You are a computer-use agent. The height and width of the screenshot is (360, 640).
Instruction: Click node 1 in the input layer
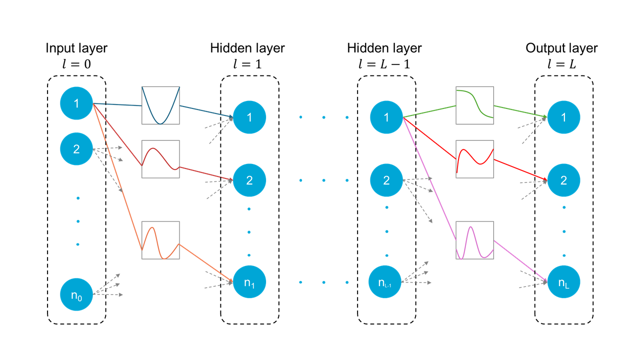[76, 103]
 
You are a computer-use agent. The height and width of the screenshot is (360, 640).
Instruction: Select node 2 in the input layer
[76, 148]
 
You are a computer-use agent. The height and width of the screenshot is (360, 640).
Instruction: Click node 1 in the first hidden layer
[249, 117]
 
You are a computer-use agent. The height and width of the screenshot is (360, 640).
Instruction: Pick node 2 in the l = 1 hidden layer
[249, 180]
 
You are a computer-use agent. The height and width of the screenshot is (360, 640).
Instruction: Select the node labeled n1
[249, 282]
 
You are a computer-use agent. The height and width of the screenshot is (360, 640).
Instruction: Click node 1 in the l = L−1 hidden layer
[386, 117]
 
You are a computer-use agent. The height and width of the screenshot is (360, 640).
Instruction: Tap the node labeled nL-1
[386, 282]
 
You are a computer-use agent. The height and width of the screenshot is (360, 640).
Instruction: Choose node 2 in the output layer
[563, 180]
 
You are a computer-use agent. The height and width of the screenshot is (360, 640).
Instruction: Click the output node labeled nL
[563, 282]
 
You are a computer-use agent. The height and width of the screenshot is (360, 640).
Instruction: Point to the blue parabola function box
[160, 105]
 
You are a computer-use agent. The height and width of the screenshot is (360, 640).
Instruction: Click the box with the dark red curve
[160, 159]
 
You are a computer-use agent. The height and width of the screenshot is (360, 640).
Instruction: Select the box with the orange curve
[160, 240]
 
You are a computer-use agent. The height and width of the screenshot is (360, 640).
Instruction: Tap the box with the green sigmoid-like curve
[474, 105]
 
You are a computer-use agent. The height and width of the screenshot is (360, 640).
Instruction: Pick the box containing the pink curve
[474, 240]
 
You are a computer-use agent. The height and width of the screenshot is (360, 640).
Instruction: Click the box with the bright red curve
[474, 159]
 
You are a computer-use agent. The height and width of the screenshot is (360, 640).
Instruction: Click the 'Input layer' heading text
[76, 48]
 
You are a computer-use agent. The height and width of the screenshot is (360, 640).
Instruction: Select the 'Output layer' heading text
[561, 48]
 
